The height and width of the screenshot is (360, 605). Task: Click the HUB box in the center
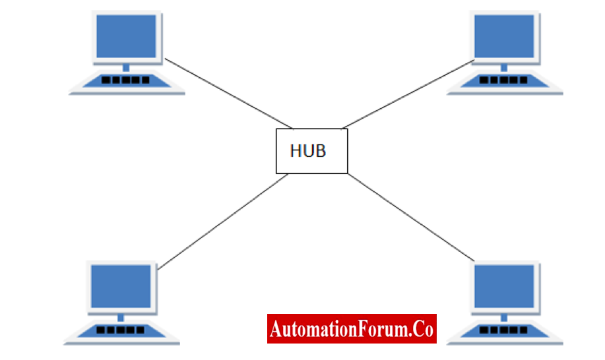312,151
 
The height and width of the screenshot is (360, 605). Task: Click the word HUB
308,151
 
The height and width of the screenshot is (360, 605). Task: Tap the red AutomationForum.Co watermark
352,329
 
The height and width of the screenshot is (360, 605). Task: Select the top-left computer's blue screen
126,36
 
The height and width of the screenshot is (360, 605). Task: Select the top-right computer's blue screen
504,36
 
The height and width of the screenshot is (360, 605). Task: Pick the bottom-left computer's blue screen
121,286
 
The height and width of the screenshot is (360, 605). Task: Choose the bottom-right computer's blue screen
504,286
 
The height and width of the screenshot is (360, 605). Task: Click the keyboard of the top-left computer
127,80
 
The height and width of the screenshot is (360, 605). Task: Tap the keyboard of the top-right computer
504,80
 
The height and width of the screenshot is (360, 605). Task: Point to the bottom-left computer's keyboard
121,330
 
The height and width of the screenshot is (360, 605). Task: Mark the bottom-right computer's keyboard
504,330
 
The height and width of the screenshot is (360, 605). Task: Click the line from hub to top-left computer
229,94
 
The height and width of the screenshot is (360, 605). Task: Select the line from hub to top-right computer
408,94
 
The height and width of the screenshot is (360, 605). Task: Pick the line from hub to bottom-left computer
223,222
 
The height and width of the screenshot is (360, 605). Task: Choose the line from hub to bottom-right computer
411,218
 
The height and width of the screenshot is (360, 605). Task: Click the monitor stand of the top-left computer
126,68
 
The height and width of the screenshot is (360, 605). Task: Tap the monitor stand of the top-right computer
504,68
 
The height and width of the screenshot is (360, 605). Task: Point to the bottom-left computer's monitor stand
121,318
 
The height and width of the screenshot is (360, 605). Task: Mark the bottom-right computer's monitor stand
504,318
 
